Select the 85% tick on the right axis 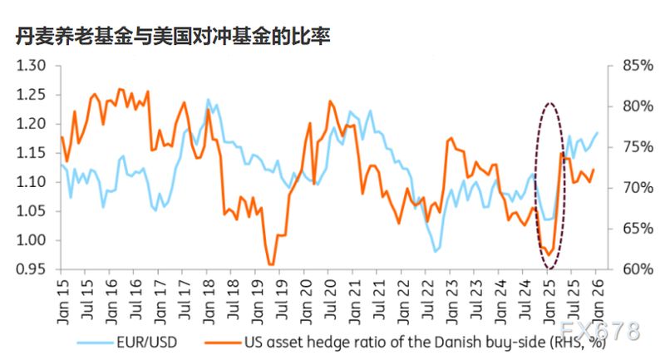[629, 66]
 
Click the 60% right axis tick [629, 269]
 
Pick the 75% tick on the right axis [629, 147]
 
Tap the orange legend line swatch [222, 341]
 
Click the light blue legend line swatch [96, 341]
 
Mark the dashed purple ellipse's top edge [549, 104]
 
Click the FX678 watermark [601, 331]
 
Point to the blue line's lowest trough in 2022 [435, 250]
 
